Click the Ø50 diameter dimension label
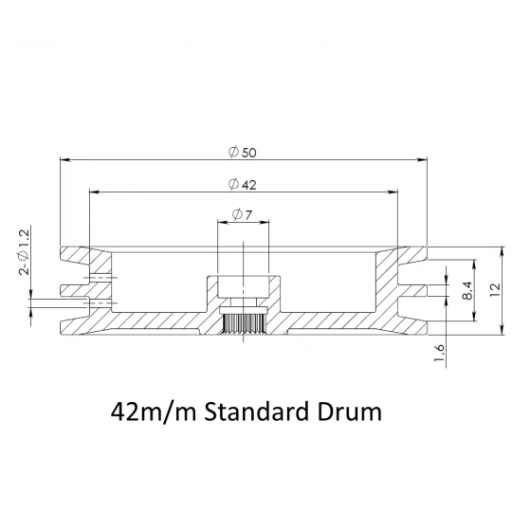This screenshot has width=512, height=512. [242, 153]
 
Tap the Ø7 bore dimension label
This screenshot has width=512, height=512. [241, 215]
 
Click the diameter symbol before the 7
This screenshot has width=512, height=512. [236, 215]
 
